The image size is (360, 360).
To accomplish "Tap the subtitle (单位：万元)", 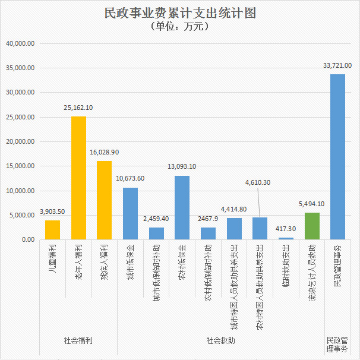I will tap(180, 27).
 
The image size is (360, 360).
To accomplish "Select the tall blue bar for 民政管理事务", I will tap(337, 157).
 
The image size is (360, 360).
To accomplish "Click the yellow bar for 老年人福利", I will tap(79, 178).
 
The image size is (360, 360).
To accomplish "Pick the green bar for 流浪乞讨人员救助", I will tap(312, 226).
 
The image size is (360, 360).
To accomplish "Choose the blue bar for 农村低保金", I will tap(182, 207).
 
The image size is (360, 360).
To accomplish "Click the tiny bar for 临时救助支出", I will tap(286, 238).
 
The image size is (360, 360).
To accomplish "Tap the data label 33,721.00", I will tap(336, 65).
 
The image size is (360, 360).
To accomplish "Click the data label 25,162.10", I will tap(78, 108).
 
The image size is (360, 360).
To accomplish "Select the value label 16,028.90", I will tap(104, 152).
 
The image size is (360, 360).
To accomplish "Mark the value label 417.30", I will tap(286, 229).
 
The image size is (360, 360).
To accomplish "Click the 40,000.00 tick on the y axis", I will tap(21, 43).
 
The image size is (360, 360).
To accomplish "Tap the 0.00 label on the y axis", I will tap(28, 239).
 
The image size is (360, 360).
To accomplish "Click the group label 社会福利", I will tap(78, 341).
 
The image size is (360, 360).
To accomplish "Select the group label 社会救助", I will tap(221, 341).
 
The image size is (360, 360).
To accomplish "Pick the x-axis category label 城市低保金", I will tap(131, 256).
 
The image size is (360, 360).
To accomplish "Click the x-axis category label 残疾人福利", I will tap(105, 256).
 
